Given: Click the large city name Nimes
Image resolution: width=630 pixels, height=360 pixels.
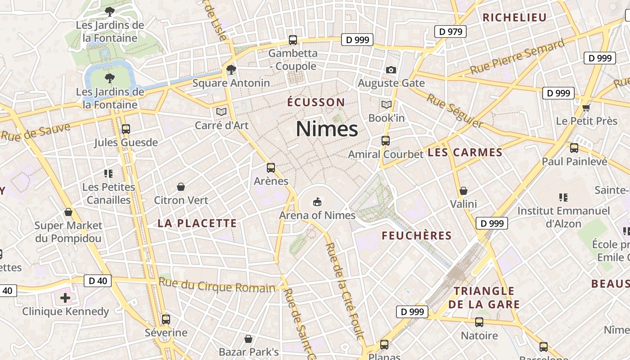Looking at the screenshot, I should (x=327, y=129).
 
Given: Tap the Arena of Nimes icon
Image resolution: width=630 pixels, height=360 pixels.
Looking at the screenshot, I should (x=317, y=202).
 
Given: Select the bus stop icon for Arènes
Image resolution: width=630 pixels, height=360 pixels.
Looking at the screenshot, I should (x=271, y=168).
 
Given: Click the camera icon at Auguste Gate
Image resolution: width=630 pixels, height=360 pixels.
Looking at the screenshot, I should (x=391, y=70).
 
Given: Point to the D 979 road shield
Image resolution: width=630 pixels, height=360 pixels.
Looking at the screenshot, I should (x=450, y=31).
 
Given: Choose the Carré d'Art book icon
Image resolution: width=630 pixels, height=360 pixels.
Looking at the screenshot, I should (x=221, y=111).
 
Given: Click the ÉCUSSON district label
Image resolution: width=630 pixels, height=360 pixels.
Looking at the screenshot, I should (x=316, y=102).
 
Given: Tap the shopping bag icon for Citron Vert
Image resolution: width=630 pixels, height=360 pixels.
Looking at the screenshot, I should (x=181, y=186).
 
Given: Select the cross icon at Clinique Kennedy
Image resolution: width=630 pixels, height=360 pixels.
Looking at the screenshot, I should (x=65, y=297).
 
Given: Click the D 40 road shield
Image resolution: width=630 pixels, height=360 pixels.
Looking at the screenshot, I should (x=98, y=281).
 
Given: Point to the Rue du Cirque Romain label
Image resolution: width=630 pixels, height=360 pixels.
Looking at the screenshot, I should (x=217, y=285).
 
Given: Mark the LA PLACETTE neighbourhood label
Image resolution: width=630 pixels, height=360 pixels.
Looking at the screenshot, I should (x=197, y=223).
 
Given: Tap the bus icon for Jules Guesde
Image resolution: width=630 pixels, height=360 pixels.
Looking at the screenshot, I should (x=126, y=129).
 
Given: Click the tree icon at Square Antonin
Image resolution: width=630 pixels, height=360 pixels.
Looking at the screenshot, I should (x=231, y=70).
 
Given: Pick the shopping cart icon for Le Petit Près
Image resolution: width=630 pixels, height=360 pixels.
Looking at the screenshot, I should (x=586, y=108).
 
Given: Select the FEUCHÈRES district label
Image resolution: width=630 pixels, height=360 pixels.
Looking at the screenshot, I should (x=417, y=235).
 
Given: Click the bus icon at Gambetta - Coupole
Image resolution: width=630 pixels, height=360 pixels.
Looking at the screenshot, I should (x=293, y=40).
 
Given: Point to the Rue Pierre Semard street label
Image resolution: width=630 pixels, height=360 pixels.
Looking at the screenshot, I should (x=517, y=58).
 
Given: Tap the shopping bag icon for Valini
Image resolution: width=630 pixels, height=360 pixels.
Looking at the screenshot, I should (x=463, y=191).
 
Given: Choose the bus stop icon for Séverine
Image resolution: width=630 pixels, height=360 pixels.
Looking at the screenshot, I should (x=166, y=319).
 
